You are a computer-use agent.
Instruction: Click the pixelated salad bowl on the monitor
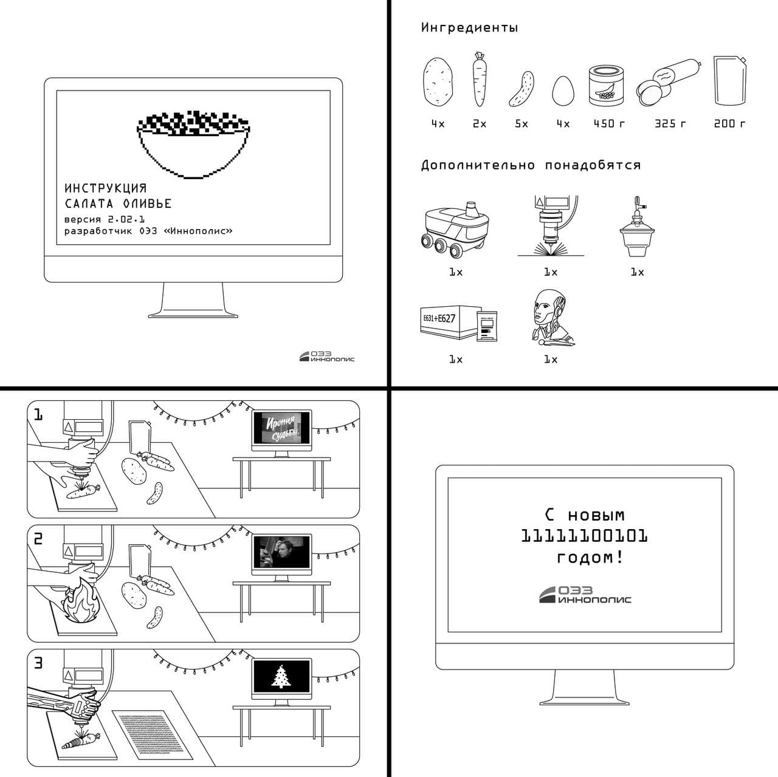click(x=193, y=145)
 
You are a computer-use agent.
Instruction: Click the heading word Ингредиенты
click(x=470, y=27)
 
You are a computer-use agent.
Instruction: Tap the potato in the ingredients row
click(x=438, y=82)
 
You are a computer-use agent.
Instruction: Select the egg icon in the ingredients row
click(x=563, y=91)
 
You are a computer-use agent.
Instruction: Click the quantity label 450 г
click(x=609, y=123)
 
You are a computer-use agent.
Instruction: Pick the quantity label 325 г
click(x=670, y=123)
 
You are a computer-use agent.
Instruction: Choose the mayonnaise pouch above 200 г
click(x=730, y=81)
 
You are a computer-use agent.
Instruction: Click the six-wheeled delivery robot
click(x=455, y=229)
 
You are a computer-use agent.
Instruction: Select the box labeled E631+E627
click(x=450, y=323)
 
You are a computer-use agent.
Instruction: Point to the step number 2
click(x=38, y=539)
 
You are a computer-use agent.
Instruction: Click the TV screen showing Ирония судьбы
click(x=282, y=428)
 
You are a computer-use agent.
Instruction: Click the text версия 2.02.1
click(x=105, y=219)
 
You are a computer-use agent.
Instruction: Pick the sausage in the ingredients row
click(x=668, y=83)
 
